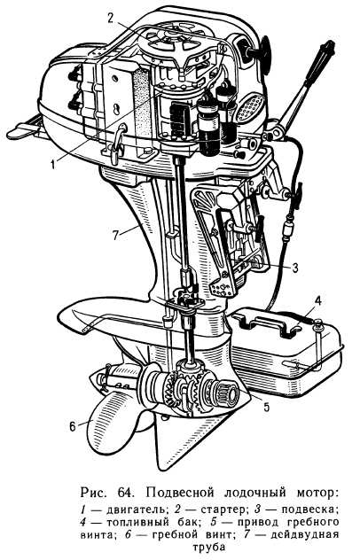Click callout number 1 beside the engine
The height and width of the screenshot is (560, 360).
[52, 165]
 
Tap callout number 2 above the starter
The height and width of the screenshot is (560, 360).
[111, 18]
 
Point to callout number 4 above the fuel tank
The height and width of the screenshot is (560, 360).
[317, 301]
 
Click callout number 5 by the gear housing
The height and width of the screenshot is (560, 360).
[266, 407]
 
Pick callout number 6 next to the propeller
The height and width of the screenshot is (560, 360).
[73, 426]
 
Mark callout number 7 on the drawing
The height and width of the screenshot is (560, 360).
[115, 236]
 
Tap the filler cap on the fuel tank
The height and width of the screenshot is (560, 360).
[317, 324]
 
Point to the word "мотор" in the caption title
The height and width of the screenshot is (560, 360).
[317, 494]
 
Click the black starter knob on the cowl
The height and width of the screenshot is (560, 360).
[264, 50]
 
